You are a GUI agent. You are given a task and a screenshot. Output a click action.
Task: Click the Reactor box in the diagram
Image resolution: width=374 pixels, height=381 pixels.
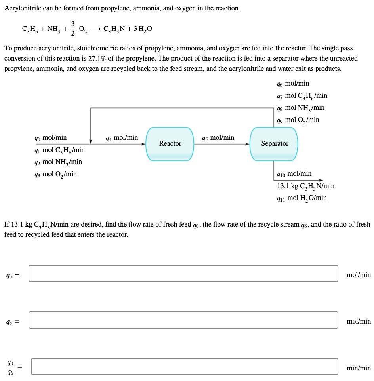tap(170, 144)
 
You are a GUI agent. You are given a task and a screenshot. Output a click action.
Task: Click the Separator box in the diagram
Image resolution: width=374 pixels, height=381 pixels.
tap(274, 144)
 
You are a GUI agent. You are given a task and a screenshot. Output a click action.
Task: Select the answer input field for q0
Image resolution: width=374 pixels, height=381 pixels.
tap(183, 274)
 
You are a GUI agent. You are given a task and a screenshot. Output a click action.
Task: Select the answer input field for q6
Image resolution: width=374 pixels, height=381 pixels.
tap(183, 320)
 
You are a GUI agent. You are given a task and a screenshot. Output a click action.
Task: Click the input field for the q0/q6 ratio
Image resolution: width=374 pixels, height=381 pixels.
tap(184, 366)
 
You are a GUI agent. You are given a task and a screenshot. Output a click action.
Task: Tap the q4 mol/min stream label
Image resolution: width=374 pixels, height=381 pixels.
tap(122, 138)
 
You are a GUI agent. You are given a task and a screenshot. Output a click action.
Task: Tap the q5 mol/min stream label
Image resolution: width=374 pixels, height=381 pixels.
tap(218, 138)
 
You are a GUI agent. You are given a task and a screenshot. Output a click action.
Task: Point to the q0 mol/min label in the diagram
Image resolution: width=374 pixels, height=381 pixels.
tap(51, 138)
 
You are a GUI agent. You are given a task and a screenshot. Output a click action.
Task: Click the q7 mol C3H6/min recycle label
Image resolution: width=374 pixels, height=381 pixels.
tap(302, 96)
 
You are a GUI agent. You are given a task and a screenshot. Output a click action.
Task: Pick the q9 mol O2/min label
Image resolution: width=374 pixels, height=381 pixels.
tap(298, 120)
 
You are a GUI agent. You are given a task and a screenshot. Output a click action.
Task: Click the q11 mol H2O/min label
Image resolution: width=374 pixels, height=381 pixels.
tap(302, 198)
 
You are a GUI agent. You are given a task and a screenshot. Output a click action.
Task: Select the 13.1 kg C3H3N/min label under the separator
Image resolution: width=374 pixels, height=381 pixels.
tap(305, 186)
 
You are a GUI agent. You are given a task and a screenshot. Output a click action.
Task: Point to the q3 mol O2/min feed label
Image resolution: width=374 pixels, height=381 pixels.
tap(56, 174)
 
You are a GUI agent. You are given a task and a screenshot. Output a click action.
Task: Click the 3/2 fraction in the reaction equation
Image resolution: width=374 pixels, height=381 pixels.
tap(73, 29)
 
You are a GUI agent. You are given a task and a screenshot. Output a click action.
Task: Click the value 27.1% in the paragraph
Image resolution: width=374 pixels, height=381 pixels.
tap(98, 58)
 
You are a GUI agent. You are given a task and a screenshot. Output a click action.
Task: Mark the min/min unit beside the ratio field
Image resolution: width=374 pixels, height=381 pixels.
tap(359, 368)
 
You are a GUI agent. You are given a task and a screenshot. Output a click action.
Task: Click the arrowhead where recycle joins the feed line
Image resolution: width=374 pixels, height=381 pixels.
tap(91, 141)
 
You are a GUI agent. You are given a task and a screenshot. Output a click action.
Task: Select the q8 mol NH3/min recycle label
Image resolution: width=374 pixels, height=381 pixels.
tap(301, 108)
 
